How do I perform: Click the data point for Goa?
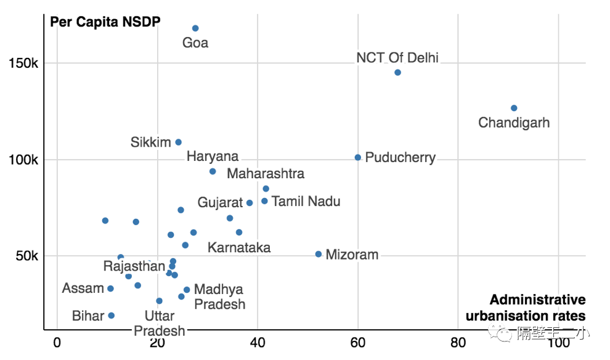(195, 28)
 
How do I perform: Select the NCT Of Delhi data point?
(397, 73)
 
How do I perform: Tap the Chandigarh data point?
(514, 108)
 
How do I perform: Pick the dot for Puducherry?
(358, 158)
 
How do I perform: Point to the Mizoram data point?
(319, 254)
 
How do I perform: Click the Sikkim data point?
(179, 142)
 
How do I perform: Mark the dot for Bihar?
(112, 316)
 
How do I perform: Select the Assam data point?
(111, 288)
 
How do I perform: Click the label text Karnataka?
(239, 248)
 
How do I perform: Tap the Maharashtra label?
(266, 174)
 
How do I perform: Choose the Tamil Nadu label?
(306, 202)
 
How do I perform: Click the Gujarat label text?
(220, 203)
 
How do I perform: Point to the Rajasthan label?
(134, 267)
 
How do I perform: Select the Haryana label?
(213, 157)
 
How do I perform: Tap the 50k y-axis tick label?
(27, 256)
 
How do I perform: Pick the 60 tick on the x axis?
(357, 341)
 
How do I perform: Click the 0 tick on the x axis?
(57, 341)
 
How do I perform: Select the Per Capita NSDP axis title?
(105, 22)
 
